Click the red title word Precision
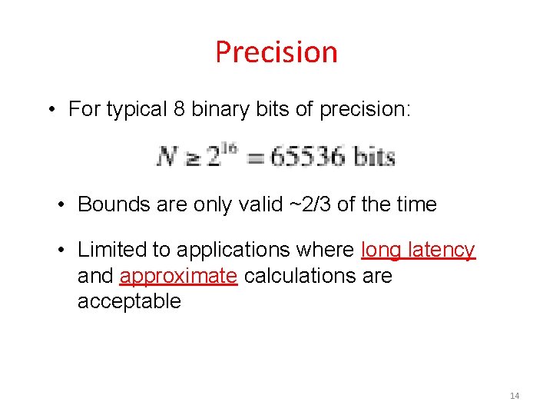276,52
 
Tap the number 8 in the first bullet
179,110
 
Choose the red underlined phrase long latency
419,250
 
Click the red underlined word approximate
178,276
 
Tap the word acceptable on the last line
129,301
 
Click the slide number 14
514,396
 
